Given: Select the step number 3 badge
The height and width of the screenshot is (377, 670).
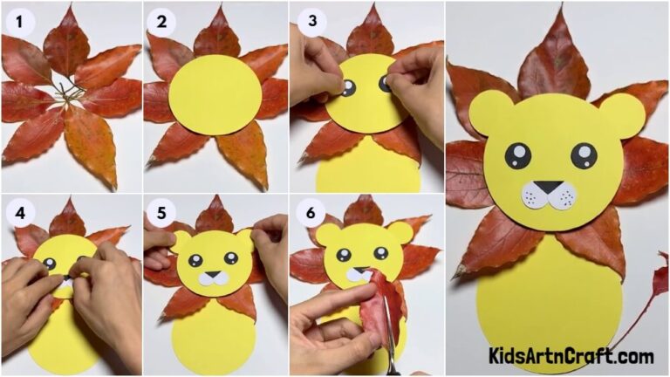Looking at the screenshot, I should click(308, 22).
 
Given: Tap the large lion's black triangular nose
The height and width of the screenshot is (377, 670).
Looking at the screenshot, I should click(548, 187).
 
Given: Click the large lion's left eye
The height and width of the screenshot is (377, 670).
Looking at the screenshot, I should click(517, 156).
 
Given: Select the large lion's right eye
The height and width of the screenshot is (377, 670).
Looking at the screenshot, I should click(584, 156).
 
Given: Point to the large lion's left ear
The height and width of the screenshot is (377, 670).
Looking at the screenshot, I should click(490, 112).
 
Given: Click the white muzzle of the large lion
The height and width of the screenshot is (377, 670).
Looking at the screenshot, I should click(548, 195).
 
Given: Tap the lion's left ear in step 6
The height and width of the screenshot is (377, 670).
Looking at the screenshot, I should click(328, 234).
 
